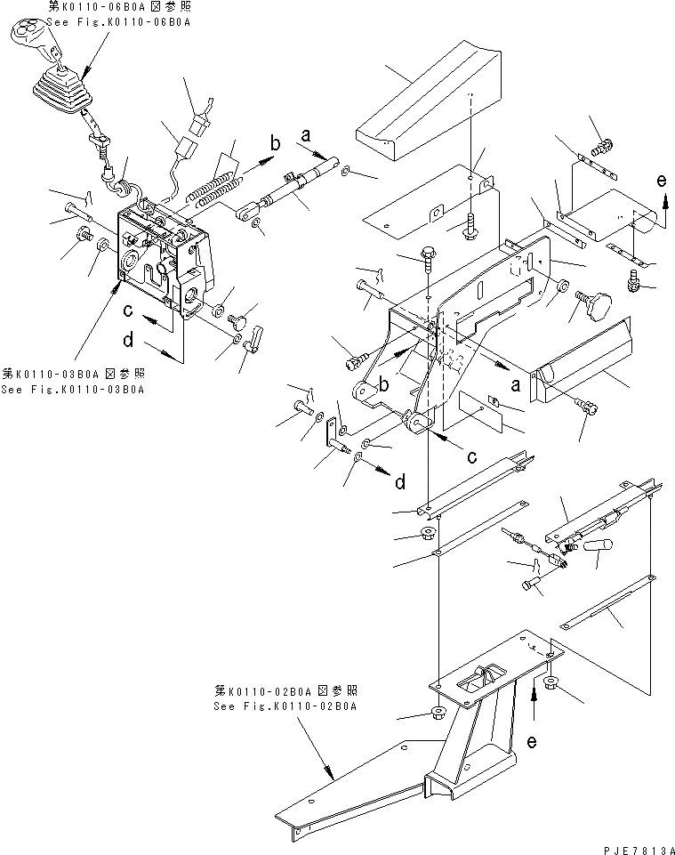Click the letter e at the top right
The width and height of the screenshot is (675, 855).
coord(660,181)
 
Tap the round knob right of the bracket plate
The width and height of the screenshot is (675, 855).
coord(594,306)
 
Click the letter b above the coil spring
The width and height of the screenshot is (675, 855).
coord(275,141)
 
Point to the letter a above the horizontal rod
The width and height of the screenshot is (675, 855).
coord(305,135)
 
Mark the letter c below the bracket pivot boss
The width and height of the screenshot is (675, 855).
coord(472,456)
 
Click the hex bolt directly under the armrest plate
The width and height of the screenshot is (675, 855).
coord(470,223)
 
